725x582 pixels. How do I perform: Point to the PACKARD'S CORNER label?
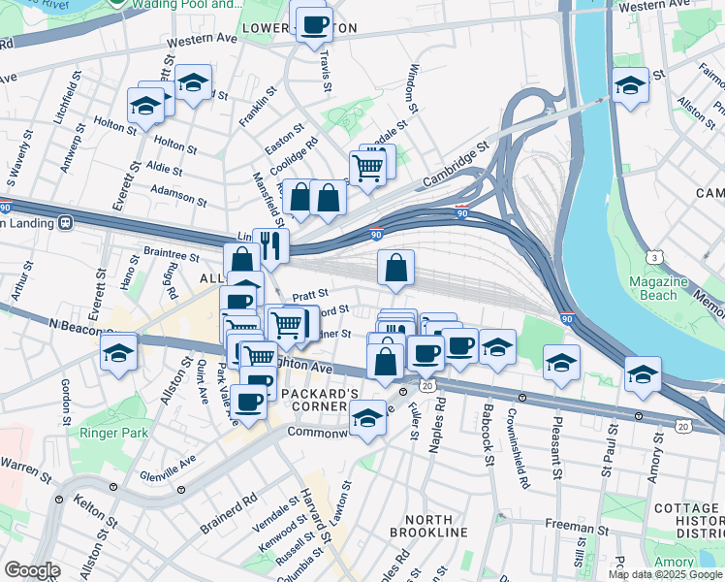(x=320, y=399)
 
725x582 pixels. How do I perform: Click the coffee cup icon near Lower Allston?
(x=313, y=25)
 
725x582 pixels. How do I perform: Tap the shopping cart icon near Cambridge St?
(x=368, y=168)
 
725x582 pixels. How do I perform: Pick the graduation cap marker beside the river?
(x=630, y=86)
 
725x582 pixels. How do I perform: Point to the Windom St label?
(x=413, y=87)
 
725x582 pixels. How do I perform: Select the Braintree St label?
(x=171, y=257)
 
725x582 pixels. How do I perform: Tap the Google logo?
(x=32, y=570)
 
